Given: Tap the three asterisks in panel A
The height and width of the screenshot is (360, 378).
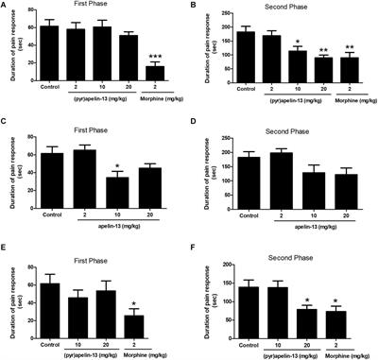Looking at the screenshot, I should (x=147, y=57).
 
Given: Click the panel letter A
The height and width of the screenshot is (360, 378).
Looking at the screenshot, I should (x=5, y=7).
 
